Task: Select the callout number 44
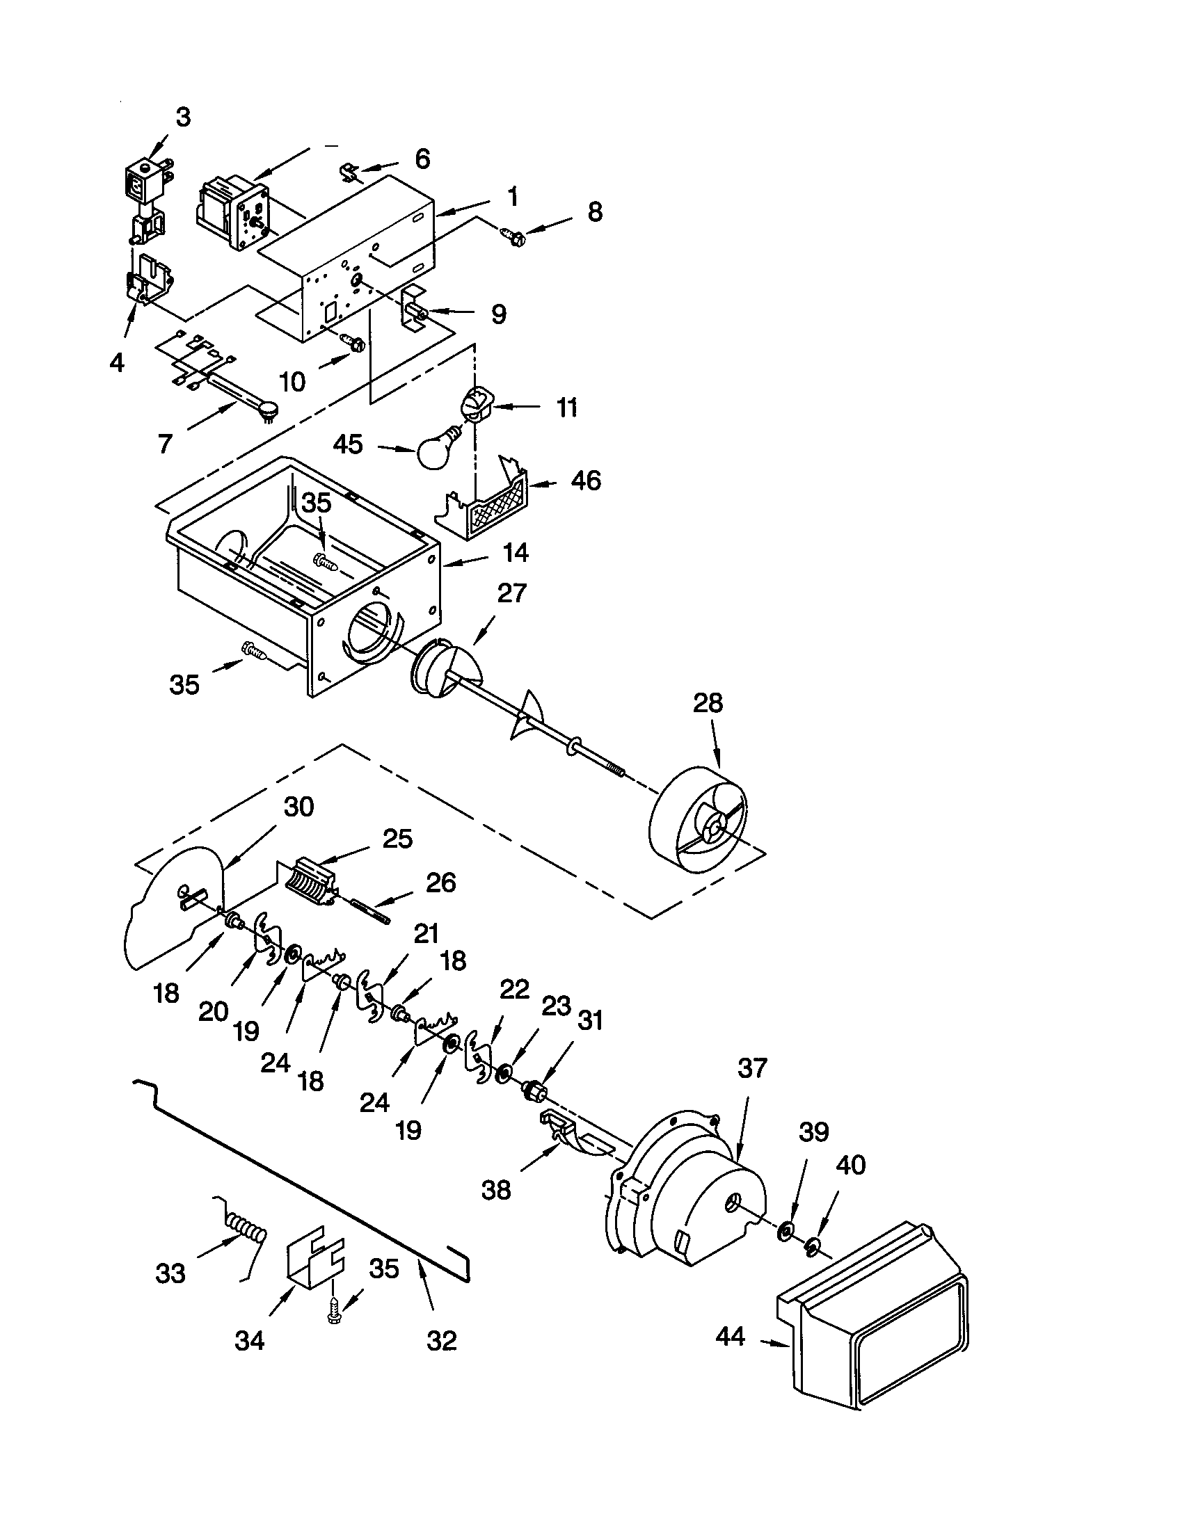(x=731, y=1337)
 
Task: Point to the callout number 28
(x=707, y=702)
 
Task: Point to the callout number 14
(x=515, y=553)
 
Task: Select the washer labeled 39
(x=786, y=1230)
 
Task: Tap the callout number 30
(x=298, y=807)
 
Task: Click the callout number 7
(x=165, y=444)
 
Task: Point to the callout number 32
(x=440, y=1341)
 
